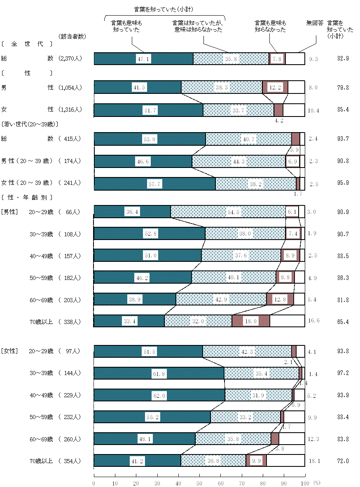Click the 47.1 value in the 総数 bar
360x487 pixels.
pos(144,59)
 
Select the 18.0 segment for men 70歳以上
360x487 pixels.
pos(250,321)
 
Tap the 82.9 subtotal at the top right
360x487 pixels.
pos(342,59)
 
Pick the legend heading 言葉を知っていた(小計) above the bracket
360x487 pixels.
pos(164,9)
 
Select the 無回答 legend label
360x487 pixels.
pos(315,23)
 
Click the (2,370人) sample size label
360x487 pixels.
pos(70,58)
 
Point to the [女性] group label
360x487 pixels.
pos(9,351)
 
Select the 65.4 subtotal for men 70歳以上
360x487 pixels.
pos(342,321)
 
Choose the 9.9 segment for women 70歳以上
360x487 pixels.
pos(256,461)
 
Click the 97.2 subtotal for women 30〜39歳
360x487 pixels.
pos(342,373)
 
